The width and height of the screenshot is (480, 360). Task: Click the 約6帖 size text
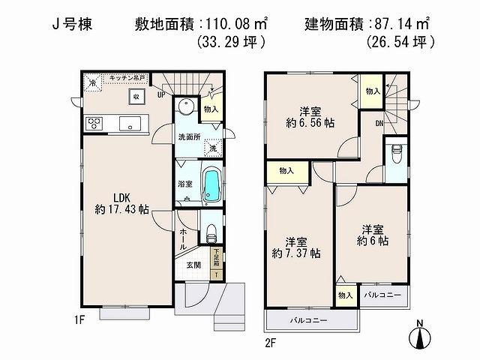click(x=372, y=241)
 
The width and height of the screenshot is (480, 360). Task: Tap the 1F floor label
click(x=82, y=320)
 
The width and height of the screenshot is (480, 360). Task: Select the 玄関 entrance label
click(x=193, y=264)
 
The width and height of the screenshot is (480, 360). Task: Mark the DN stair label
click(x=380, y=124)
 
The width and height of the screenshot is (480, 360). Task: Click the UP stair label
click(x=161, y=95)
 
